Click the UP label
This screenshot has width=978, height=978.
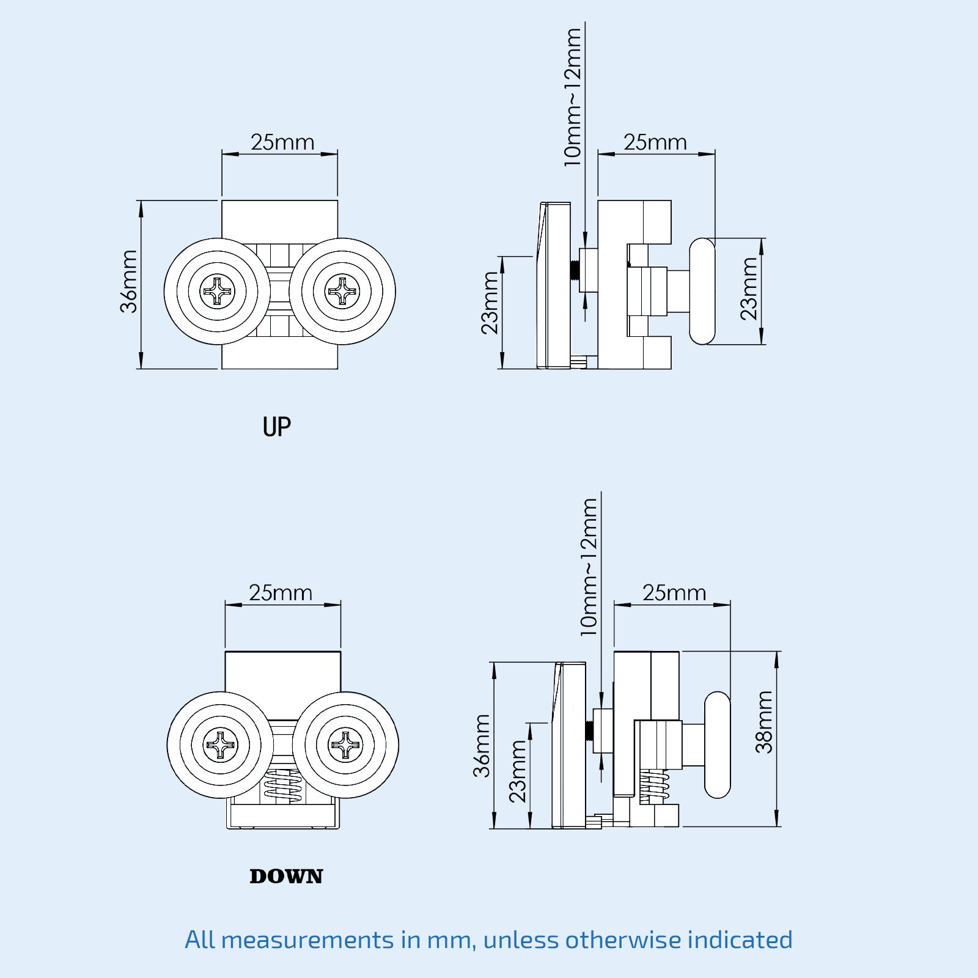276,427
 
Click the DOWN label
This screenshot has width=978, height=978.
286,877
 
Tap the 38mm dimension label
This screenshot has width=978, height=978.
764,722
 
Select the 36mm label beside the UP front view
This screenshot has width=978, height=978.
129,282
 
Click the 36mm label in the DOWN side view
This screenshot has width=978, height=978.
482,746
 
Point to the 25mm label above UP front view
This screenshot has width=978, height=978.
282,142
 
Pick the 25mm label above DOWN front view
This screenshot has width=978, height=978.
281,593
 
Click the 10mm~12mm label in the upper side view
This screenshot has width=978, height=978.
572,98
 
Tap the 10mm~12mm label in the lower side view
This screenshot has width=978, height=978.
588,567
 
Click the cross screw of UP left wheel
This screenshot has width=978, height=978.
217,292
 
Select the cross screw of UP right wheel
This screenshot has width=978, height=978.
342,292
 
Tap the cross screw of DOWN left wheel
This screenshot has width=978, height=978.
220,745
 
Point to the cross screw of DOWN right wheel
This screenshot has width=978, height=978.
345,745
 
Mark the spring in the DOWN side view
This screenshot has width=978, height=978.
653,786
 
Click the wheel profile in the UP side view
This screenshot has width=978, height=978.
702,292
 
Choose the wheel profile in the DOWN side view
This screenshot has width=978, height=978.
718,745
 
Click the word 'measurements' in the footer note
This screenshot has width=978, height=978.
307,939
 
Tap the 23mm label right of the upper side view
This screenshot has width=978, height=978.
749,289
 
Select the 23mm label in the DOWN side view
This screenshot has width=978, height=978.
517,771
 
